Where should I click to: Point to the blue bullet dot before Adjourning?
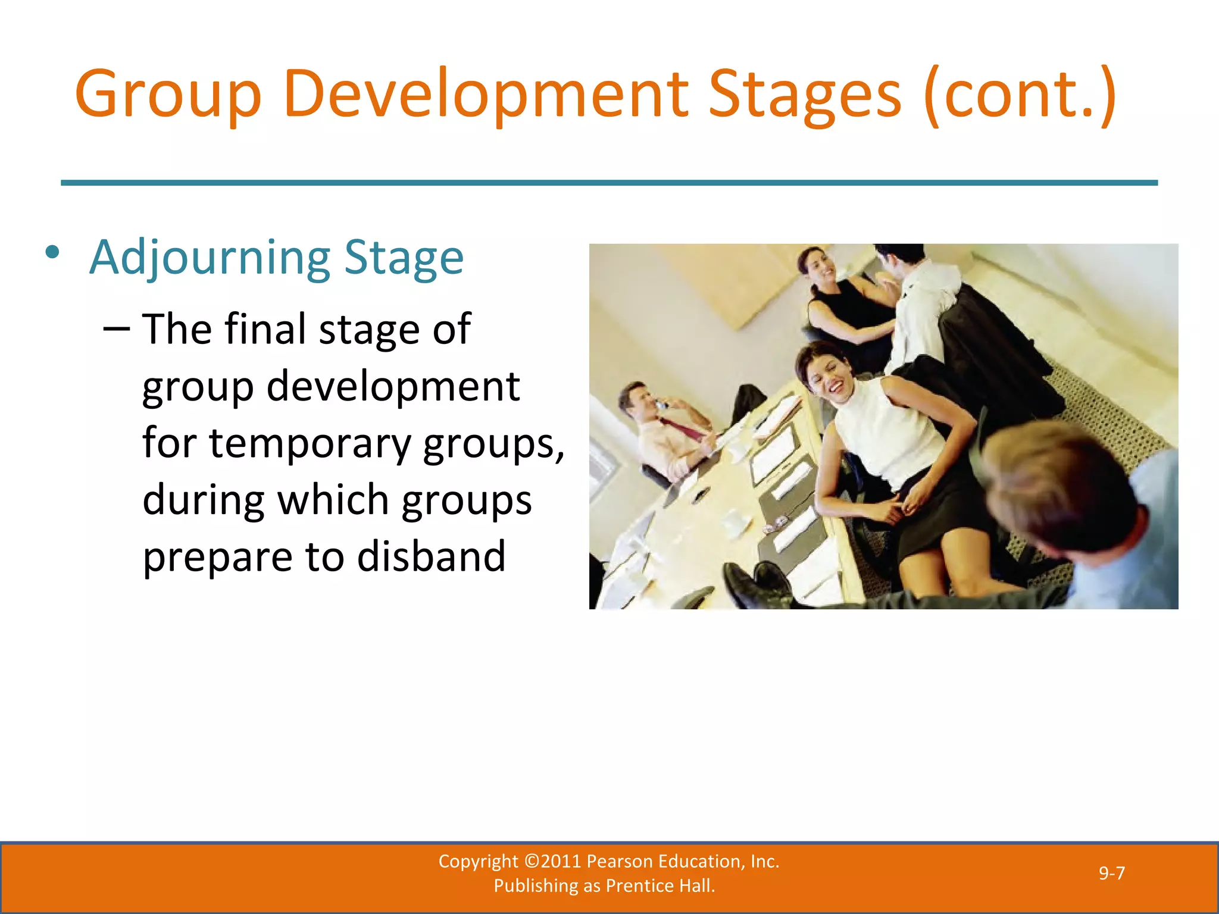coord(52,252)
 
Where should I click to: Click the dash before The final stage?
coord(116,329)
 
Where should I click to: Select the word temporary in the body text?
coord(310,443)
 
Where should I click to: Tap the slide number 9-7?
coord(1111,873)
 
